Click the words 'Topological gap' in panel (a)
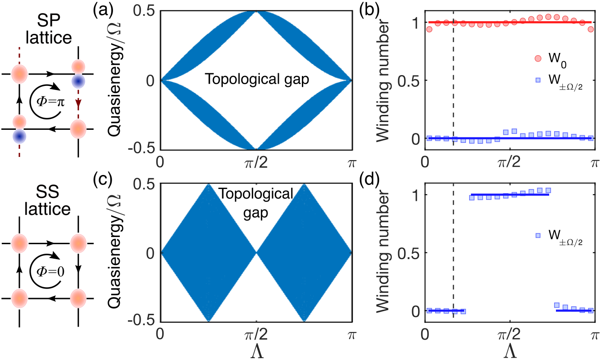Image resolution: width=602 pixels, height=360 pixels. (256, 80)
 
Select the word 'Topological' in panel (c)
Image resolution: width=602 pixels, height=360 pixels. (256, 194)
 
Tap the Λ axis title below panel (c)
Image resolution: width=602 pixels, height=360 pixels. (256, 350)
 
